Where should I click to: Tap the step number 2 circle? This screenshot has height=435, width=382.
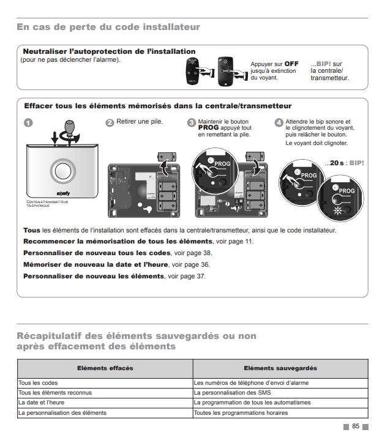tap(110, 122)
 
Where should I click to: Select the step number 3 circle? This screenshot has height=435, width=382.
tap(192, 122)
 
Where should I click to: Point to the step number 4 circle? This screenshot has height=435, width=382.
tap(279, 122)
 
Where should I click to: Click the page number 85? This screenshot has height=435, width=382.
tap(356, 426)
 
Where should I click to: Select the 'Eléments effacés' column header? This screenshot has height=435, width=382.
tap(105, 368)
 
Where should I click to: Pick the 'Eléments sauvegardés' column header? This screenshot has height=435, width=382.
tap(280, 368)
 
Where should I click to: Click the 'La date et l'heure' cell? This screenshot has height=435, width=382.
tap(41, 403)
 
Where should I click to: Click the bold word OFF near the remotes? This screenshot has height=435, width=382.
tap(291, 64)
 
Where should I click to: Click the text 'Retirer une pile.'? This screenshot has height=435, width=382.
tap(140, 122)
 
